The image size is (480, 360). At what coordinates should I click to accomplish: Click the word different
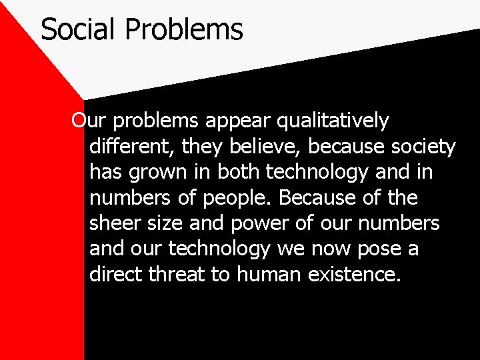[x=127, y=146]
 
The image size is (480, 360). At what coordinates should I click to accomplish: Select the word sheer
[x=112, y=223]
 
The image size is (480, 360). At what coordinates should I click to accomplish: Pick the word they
[x=197, y=147]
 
